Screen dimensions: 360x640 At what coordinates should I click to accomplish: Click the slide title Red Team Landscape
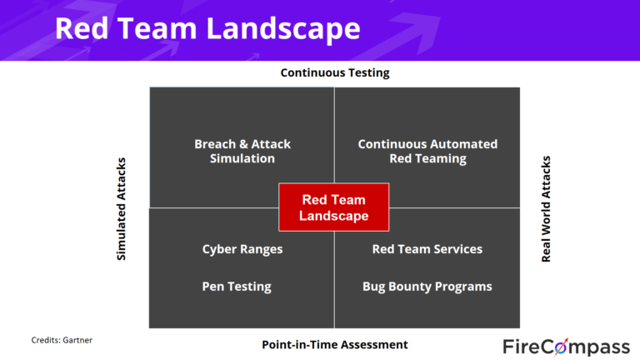click(x=207, y=28)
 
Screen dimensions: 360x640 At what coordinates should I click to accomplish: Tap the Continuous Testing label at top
click(x=334, y=72)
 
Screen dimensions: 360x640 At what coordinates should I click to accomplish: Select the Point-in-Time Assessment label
click(x=334, y=344)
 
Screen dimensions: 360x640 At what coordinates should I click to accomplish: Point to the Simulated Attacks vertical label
click(x=122, y=208)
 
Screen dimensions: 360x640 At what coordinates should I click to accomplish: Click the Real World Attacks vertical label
click(x=547, y=208)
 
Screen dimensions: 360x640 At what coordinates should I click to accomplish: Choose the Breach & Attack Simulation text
click(x=242, y=151)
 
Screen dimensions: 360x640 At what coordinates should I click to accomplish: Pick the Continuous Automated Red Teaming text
click(x=427, y=151)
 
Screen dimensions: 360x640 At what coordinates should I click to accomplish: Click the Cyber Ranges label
click(x=242, y=249)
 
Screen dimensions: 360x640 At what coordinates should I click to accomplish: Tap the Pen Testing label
click(x=237, y=286)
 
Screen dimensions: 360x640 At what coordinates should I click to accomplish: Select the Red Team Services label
click(x=427, y=249)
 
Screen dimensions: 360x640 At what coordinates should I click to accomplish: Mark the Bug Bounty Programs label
click(x=427, y=286)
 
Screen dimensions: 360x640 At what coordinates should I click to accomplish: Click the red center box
click(x=334, y=207)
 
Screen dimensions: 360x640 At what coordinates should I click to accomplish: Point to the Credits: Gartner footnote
click(x=61, y=340)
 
